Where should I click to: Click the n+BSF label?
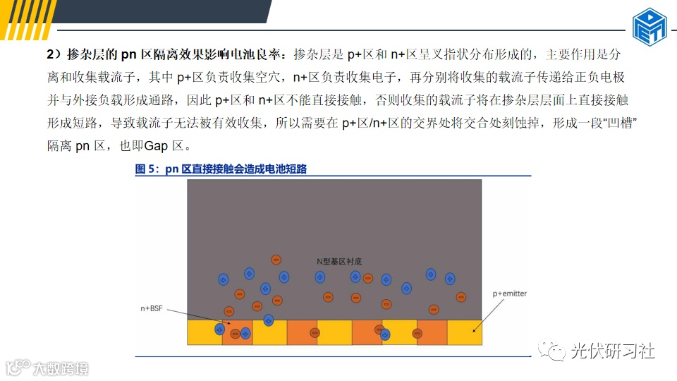pos(154,308)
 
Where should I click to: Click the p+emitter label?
pos(509,294)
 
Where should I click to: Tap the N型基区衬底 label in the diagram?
pos(339,261)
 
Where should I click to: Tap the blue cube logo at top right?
pos(649,27)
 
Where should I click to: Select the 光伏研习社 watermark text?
pos(612,350)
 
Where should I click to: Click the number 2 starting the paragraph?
pos(50,54)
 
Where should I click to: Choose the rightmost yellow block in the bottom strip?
pos(465,332)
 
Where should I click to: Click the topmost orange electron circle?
pos(277,260)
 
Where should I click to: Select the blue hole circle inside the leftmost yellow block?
pos(219,329)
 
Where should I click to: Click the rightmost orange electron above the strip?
pos(461,297)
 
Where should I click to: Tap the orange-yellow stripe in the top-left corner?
pos(21,20)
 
